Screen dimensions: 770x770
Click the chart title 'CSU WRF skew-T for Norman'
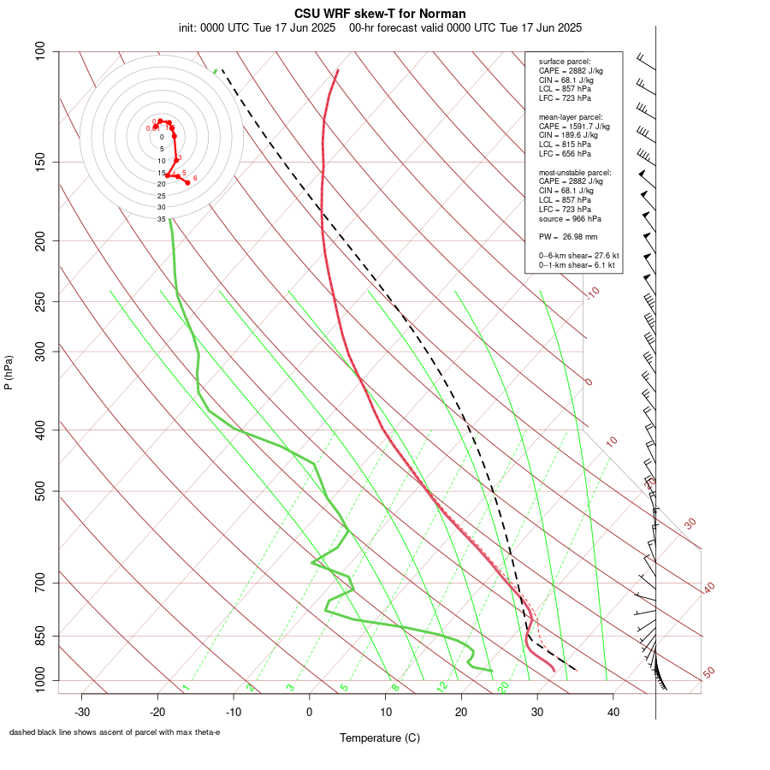coord(380,14)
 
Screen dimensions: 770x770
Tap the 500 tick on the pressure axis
coord(40,491)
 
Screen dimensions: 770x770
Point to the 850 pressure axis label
coord(40,636)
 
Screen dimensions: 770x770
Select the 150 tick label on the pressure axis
coord(40,162)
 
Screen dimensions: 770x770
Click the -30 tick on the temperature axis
coord(82,712)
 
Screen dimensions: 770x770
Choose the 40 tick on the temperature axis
coord(613,712)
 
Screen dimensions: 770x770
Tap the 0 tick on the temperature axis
coord(310,712)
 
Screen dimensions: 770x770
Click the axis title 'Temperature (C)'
coord(380,737)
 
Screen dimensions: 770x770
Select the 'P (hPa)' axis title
coord(9,373)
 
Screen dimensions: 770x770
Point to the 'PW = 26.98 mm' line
coord(568,236)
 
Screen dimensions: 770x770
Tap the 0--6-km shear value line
coord(578,256)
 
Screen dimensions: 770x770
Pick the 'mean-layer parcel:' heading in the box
coord(571,116)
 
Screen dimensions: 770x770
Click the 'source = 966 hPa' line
coord(570,218)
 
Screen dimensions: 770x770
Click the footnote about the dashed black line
coord(115,732)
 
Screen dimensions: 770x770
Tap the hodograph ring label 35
coord(161,219)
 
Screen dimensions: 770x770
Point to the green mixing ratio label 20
coord(503,687)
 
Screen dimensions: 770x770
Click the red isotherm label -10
coord(591,293)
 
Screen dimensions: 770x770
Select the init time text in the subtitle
coord(258,27)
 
